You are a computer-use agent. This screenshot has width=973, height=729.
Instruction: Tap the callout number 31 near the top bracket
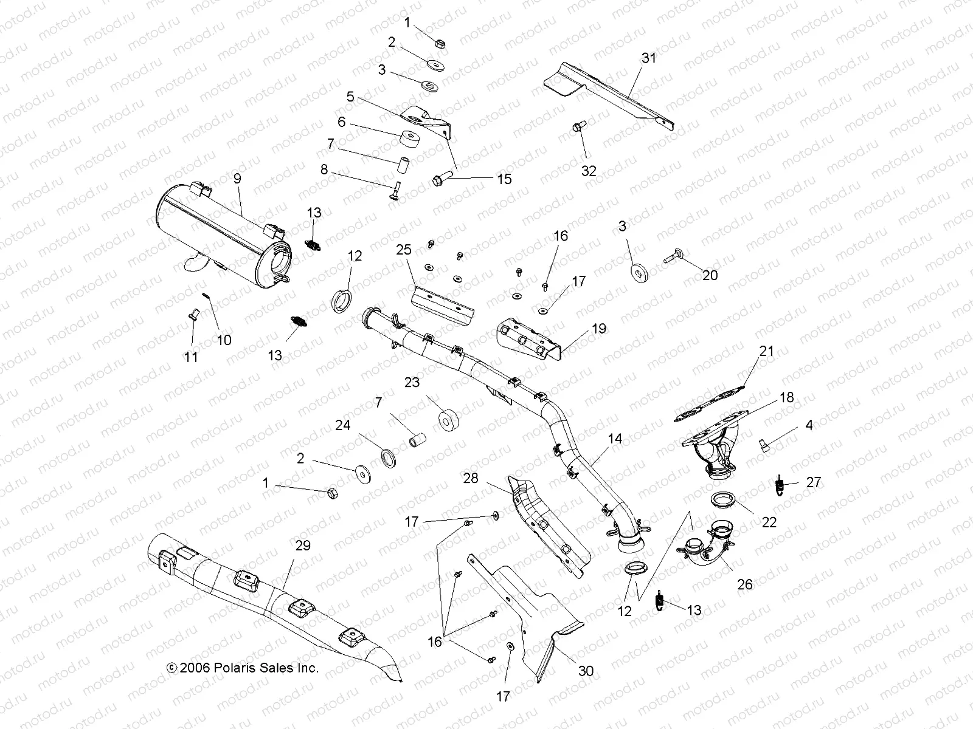649,58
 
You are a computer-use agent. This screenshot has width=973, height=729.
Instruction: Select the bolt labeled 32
578,128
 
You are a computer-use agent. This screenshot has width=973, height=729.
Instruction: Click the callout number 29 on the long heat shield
302,545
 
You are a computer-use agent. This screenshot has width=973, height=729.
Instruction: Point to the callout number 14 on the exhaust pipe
615,438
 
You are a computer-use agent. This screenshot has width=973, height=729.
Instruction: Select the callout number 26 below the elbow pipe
744,584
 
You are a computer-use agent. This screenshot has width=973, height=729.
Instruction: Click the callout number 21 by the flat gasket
766,351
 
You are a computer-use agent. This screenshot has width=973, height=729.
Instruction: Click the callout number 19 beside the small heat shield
599,329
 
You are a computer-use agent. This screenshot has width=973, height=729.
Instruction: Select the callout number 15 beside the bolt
504,179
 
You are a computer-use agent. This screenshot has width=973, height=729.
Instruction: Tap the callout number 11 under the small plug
191,357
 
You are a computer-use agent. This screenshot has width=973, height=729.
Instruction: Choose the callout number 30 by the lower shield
586,671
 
